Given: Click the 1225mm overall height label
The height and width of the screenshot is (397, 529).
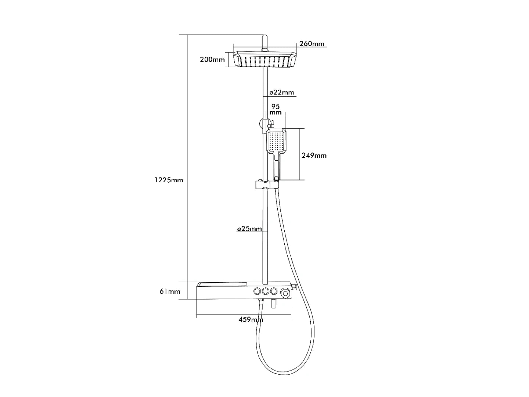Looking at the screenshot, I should pos(169,180).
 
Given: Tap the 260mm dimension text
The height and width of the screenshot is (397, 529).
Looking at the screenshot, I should pos(312,44).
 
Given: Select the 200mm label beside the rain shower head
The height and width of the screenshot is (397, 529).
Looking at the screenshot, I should pos(212,60).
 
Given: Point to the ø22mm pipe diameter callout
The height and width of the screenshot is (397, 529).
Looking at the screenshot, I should pos(282,92).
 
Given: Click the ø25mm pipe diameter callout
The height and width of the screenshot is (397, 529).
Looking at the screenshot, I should pos(249,229).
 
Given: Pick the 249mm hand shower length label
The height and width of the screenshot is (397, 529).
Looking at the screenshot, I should pos(314,155).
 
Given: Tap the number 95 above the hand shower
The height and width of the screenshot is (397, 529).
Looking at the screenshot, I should pos(276,106).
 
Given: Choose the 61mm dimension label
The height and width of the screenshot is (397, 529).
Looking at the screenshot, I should pos(170,292).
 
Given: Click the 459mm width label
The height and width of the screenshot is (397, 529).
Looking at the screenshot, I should pos(251,319).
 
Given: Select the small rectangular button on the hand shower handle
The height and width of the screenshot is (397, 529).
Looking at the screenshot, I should pos(276,158).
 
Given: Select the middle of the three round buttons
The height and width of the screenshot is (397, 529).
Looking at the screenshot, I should pos(265,292).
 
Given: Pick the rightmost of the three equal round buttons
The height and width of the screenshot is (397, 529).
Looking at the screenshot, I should pos(274,292).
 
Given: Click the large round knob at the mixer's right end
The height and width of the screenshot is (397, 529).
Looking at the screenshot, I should pos(285,293).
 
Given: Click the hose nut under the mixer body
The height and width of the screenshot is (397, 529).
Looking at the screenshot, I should pos(261,302).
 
